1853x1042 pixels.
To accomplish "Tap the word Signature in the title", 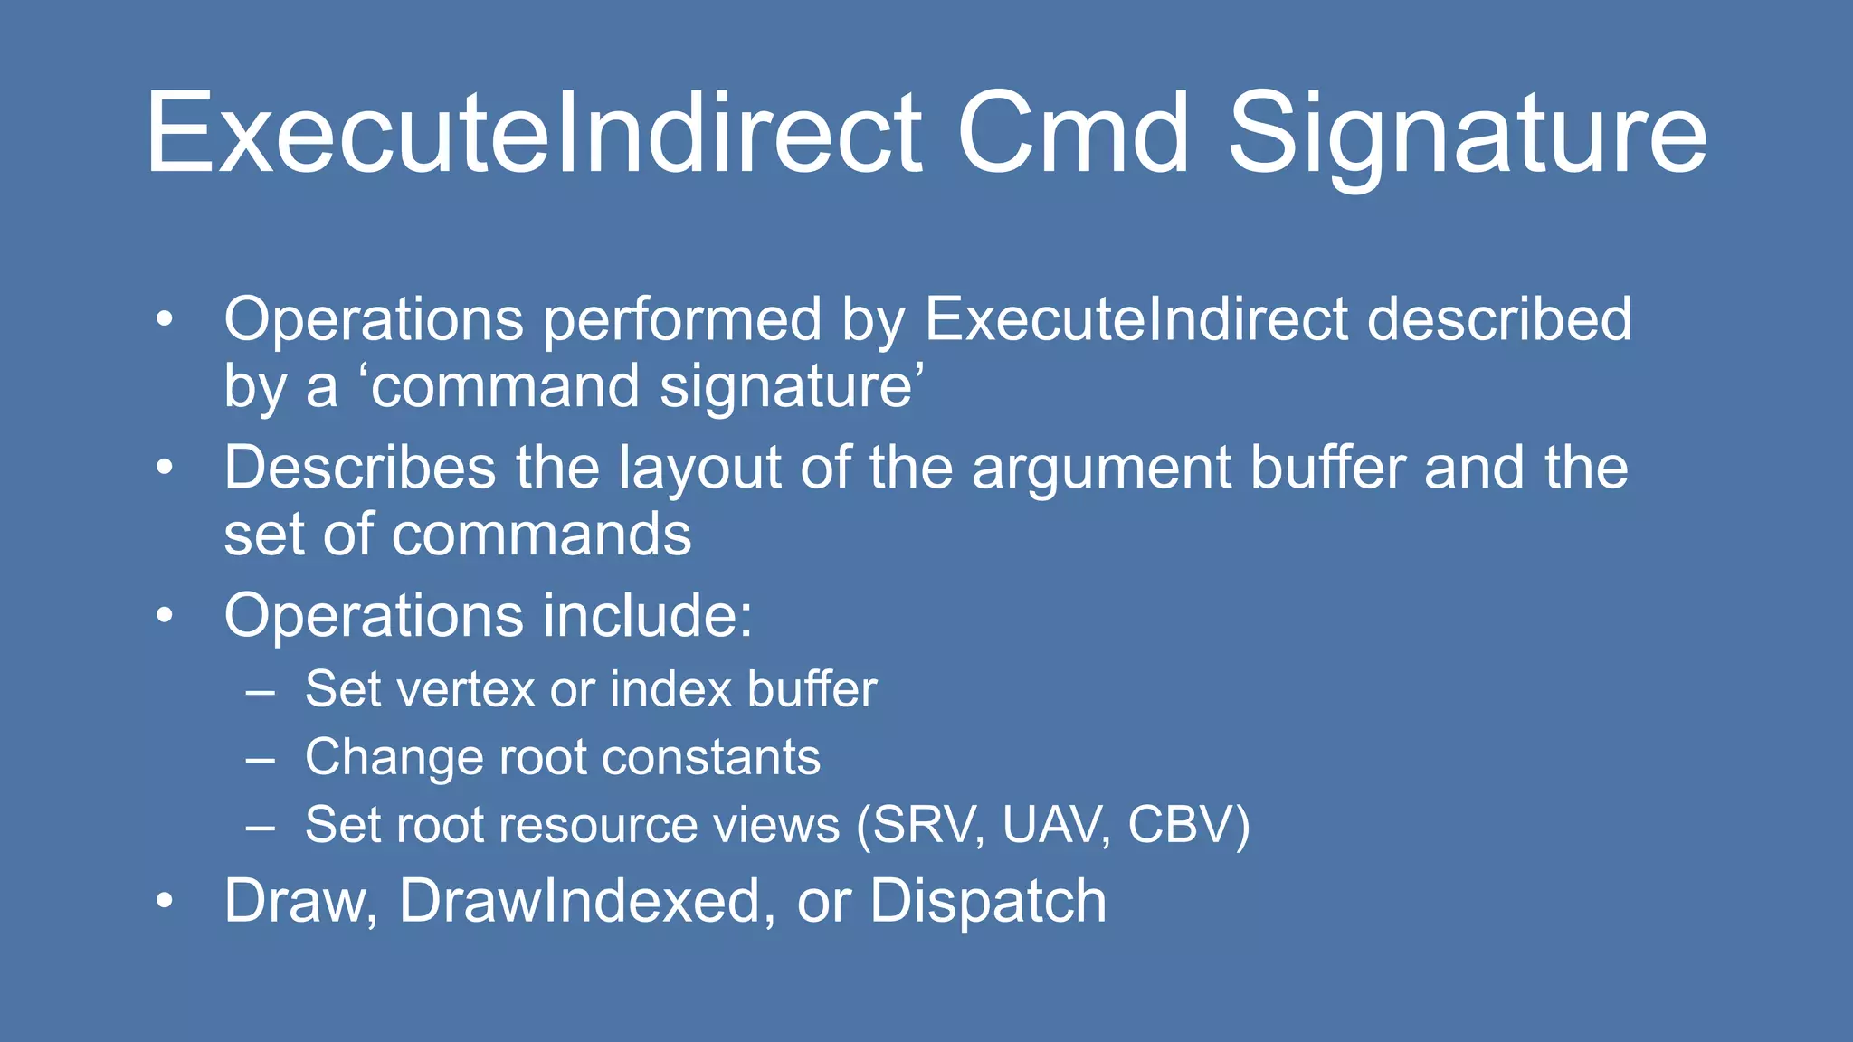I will click(1467, 136).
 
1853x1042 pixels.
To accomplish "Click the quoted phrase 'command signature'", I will click(643, 387).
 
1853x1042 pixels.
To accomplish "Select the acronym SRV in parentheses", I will click(926, 825).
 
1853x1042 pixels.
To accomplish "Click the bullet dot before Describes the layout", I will click(164, 469).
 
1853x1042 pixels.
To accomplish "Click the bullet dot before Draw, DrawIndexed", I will click(164, 901).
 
